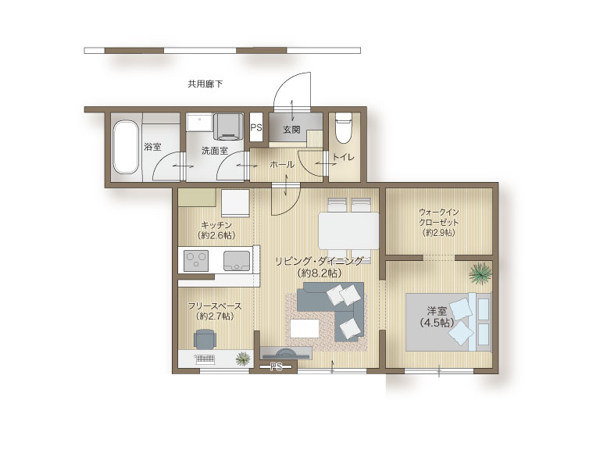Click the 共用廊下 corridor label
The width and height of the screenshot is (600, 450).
pyautogui.click(x=205, y=84)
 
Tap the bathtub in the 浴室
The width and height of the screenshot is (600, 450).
pyautogui.click(x=126, y=148)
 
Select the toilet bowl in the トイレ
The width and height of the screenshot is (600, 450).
pyautogui.click(x=343, y=128)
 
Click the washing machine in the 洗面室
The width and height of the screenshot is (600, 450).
pyautogui.click(x=228, y=127)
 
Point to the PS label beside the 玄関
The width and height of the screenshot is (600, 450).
pyautogui.click(x=256, y=127)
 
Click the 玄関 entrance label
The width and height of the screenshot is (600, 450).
pyautogui.click(x=291, y=130)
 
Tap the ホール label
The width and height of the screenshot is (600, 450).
pyautogui.click(x=282, y=165)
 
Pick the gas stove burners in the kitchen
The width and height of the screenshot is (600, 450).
pyautogui.click(x=196, y=261)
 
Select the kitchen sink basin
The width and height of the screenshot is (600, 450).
pyautogui.click(x=237, y=261)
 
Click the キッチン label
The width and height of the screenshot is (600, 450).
pyautogui.click(x=216, y=225)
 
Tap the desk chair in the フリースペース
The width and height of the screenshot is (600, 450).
pyautogui.click(x=205, y=339)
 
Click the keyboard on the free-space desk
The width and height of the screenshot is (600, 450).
pyautogui.click(x=205, y=359)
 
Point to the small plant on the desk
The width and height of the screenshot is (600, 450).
pyautogui.click(x=243, y=359)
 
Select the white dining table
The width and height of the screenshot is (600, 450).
pyautogui.click(x=348, y=231)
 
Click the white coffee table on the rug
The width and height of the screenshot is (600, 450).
pyautogui.click(x=305, y=329)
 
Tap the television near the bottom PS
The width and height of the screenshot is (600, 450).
pyautogui.click(x=286, y=353)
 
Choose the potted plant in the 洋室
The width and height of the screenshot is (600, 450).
pyautogui.click(x=480, y=273)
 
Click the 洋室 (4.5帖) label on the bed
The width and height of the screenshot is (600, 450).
pyautogui.click(x=437, y=317)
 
